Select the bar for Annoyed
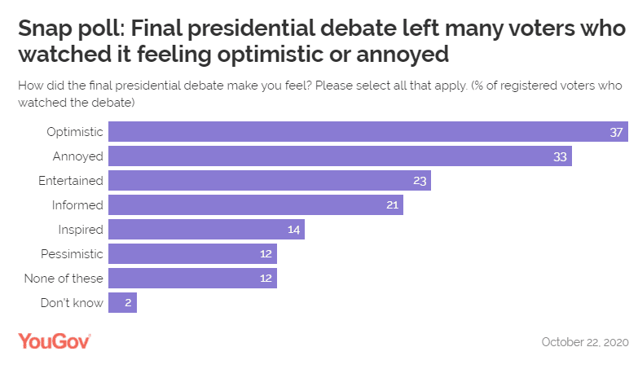340,156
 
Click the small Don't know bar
122,303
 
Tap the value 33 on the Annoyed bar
560,156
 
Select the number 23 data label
420,181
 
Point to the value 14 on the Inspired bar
293,230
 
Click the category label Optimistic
75,132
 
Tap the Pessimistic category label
73,254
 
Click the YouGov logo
54,341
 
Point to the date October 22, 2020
584,342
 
